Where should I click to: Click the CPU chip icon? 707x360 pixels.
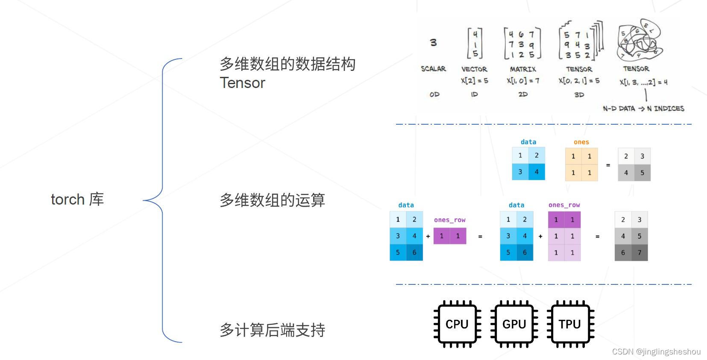pyautogui.click(x=457, y=324)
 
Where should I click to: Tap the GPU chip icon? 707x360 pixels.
pyautogui.click(x=514, y=324)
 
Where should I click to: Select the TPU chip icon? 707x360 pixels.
pyautogui.click(x=570, y=324)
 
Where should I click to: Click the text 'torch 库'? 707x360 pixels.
pyautogui.click(x=77, y=199)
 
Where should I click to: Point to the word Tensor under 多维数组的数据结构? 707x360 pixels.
pyautogui.click(x=242, y=83)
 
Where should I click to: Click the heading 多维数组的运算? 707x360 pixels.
pyautogui.click(x=272, y=200)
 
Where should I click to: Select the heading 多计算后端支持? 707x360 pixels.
pyautogui.click(x=272, y=330)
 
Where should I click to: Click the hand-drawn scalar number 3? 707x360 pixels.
pyautogui.click(x=433, y=42)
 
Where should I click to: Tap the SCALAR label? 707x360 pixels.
pyautogui.click(x=433, y=69)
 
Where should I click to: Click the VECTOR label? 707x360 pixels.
pyautogui.click(x=474, y=69)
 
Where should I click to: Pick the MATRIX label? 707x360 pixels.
pyautogui.click(x=523, y=69)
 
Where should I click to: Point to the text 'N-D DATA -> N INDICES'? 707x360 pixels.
pyautogui.click(x=643, y=108)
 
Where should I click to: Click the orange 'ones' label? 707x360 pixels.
pyautogui.click(x=581, y=142)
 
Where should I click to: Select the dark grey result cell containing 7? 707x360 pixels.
pyautogui.click(x=640, y=252)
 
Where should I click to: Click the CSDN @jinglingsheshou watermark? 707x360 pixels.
pyautogui.click(x=656, y=351)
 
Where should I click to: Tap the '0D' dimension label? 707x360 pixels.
pyautogui.click(x=434, y=94)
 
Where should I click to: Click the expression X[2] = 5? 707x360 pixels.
pyautogui.click(x=474, y=80)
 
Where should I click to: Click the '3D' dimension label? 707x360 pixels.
pyautogui.click(x=579, y=95)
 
